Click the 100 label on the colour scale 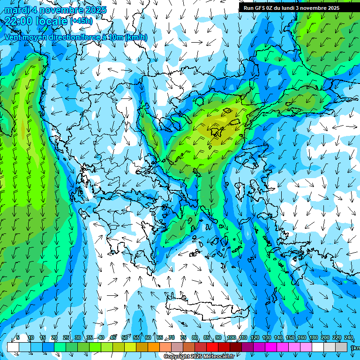coord(231,337)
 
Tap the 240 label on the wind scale coord(348,337)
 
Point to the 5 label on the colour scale coord(18,337)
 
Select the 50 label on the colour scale coord(124,337)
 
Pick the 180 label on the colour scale coord(313,337)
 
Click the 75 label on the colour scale coord(183,337)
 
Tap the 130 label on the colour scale coord(266,337)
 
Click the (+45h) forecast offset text coord(82,21)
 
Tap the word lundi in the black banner coord(293,8)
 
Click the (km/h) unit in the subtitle coord(136,37)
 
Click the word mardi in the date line coord(17,10)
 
